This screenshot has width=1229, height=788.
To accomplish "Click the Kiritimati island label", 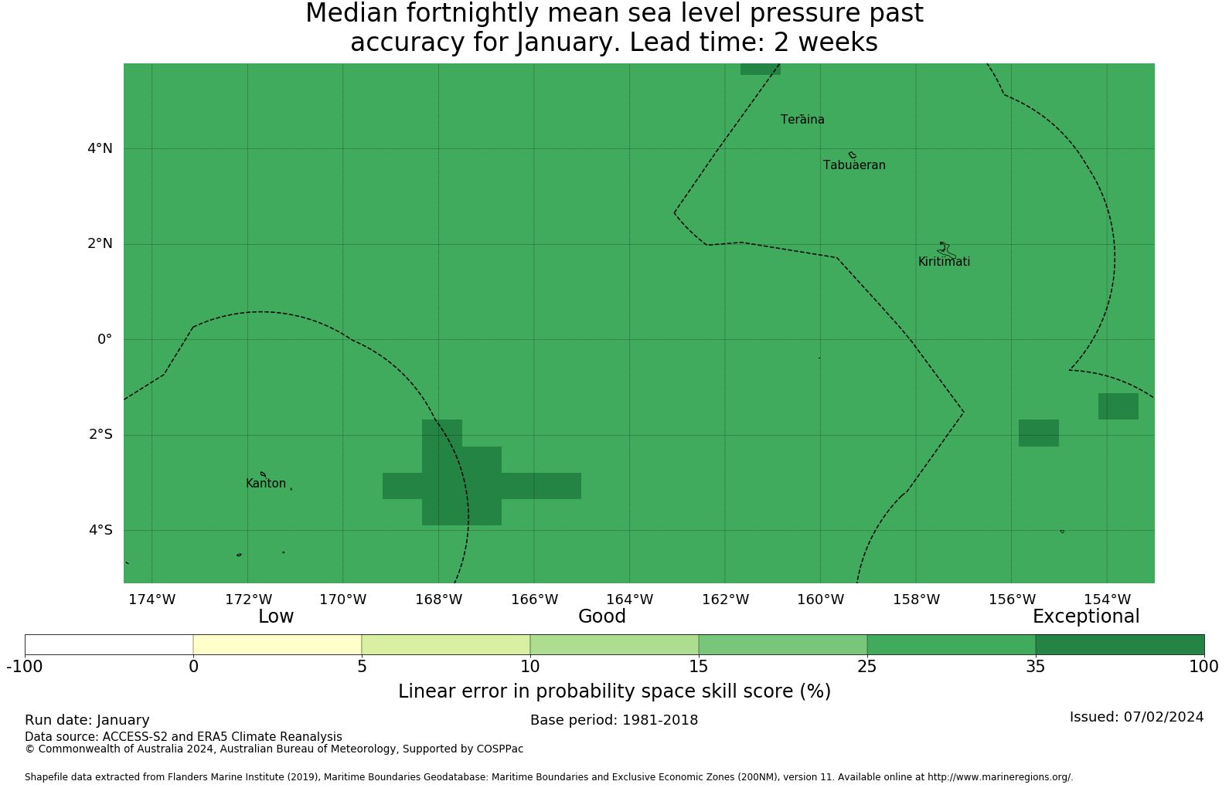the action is [x=944, y=262].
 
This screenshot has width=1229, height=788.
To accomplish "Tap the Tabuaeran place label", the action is [x=854, y=165].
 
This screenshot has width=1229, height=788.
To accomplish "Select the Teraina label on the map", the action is [x=802, y=120].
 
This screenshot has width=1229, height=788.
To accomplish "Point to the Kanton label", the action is [x=266, y=484].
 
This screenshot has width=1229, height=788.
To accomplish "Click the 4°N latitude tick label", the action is [x=100, y=148].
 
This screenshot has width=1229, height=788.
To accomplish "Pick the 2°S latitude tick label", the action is [x=100, y=435].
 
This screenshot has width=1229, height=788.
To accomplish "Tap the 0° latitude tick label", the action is [x=104, y=339].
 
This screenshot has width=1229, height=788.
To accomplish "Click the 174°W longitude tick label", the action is [x=152, y=599].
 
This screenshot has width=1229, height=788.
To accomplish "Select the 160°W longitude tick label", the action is [x=821, y=599].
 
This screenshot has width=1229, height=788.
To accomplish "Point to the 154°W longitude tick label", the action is [x=1107, y=599].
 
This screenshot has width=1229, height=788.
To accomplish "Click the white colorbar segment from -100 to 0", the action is [x=109, y=645].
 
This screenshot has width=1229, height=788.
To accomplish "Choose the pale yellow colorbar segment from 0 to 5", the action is [x=277, y=645].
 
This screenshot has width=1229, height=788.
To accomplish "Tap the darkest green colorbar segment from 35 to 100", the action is [x=1120, y=645].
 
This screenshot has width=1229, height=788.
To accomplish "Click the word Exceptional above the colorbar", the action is [x=1086, y=617].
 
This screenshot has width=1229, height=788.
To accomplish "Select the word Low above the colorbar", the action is [x=276, y=617].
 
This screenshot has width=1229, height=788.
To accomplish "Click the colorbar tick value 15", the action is [x=699, y=667].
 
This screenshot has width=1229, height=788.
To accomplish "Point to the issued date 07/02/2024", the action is [x=1164, y=717].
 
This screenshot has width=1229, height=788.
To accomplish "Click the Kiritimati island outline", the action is [x=946, y=250].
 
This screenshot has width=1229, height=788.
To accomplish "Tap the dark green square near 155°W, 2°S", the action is [x=1039, y=433].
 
